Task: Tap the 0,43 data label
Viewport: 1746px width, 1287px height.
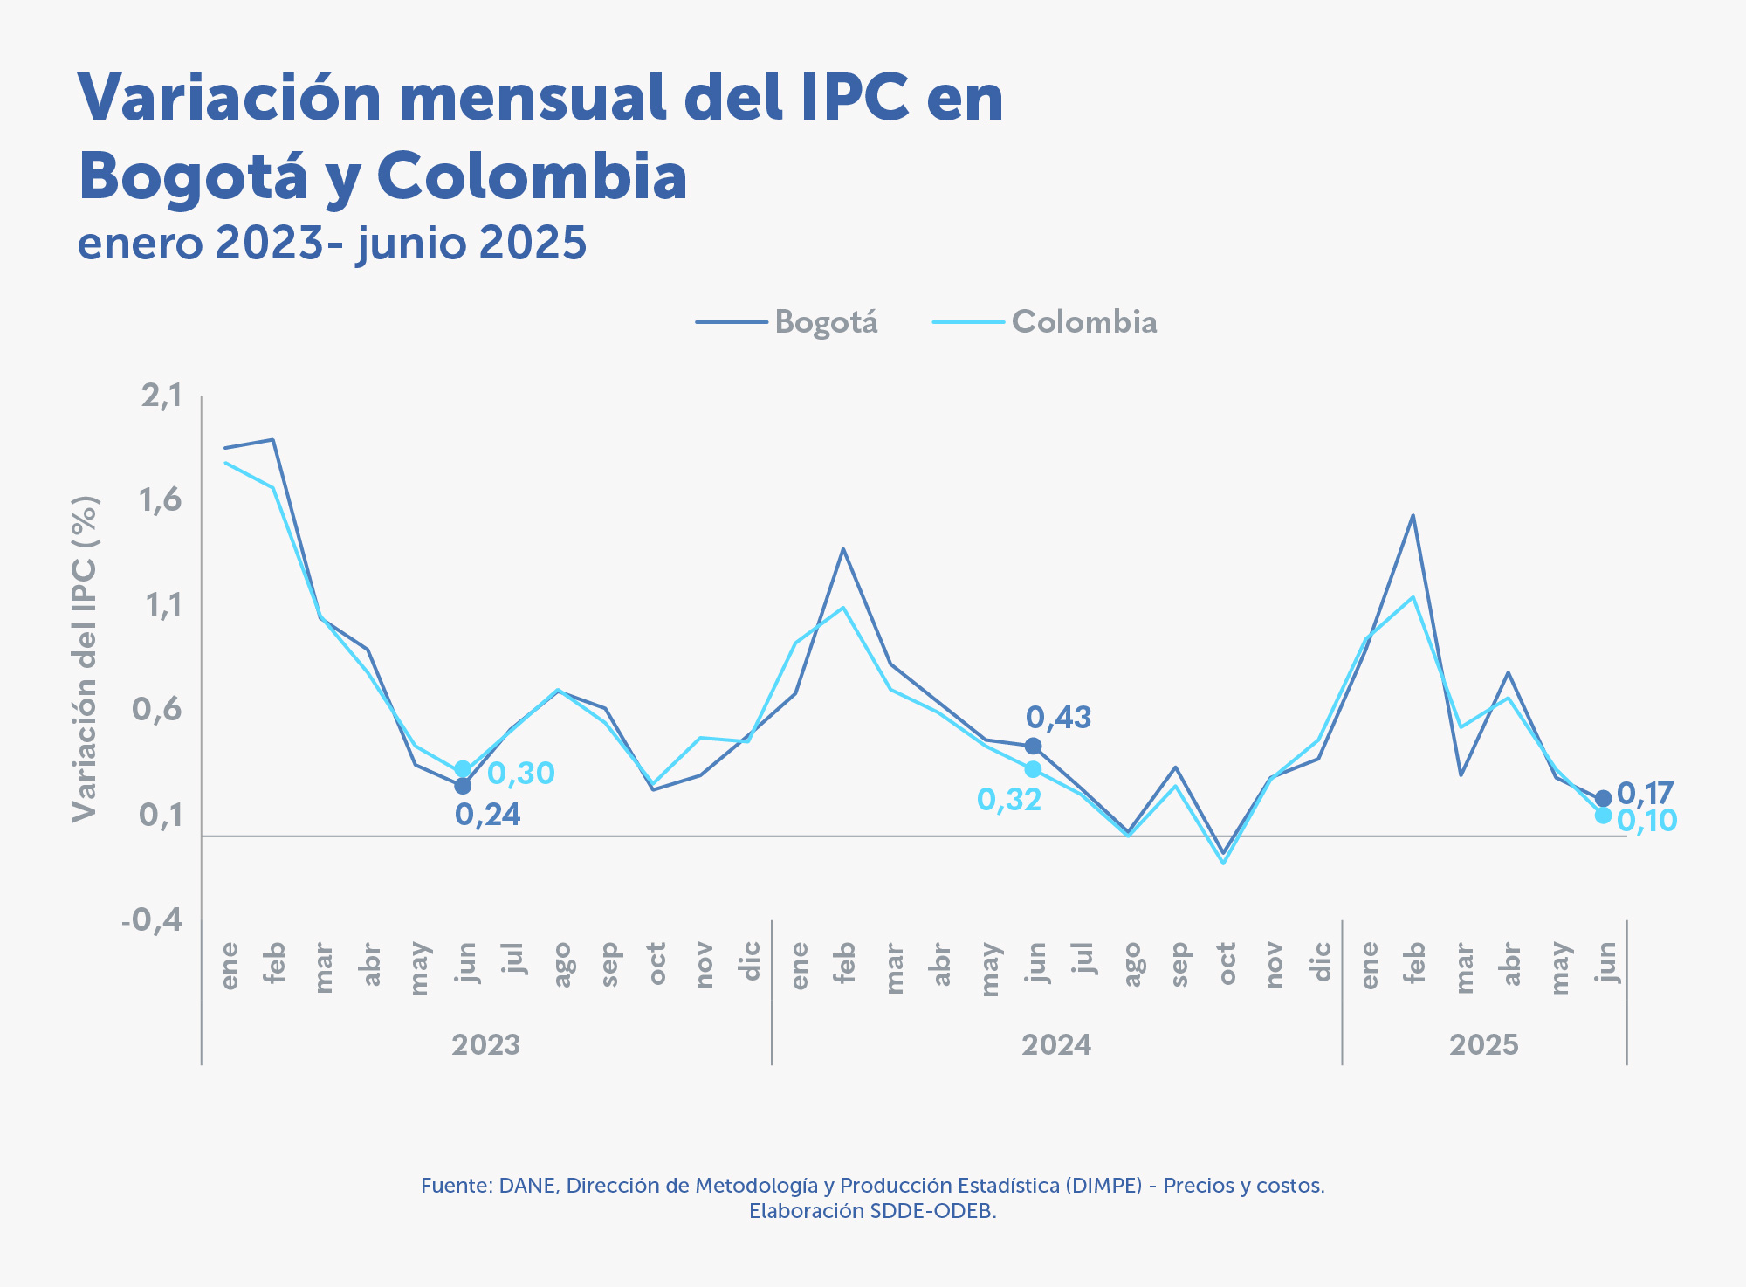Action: pyautogui.click(x=1058, y=718)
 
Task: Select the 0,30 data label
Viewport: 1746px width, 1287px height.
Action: pyautogui.click(x=521, y=773)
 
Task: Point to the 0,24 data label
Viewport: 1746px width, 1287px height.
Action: pyautogui.click(x=487, y=815)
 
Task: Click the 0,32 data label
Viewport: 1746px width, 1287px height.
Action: pyautogui.click(x=1009, y=799)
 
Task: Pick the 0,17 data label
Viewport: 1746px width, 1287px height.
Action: pyautogui.click(x=1645, y=793)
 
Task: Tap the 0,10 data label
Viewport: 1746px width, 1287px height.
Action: pyautogui.click(x=1646, y=821)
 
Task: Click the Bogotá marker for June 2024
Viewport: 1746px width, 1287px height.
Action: pyautogui.click(x=1033, y=746)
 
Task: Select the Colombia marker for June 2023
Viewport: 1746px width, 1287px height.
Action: pyautogui.click(x=463, y=769)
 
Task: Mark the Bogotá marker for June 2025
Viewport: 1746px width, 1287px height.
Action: pyautogui.click(x=1603, y=799)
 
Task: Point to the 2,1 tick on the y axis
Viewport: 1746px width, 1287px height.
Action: pyautogui.click(x=162, y=396)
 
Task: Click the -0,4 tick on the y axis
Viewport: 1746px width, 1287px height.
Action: pyautogui.click(x=153, y=919)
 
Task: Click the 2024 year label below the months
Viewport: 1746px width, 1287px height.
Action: pyautogui.click(x=1056, y=1044)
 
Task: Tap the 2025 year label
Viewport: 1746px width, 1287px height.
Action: pyautogui.click(x=1484, y=1044)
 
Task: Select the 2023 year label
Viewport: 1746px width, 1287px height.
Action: pyautogui.click(x=486, y=1044)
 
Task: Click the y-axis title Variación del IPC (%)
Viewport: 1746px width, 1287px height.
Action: pyautogui.click(x=85, y=659)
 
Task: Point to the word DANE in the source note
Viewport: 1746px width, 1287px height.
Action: pyautogui.click(x=527, y=1186)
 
